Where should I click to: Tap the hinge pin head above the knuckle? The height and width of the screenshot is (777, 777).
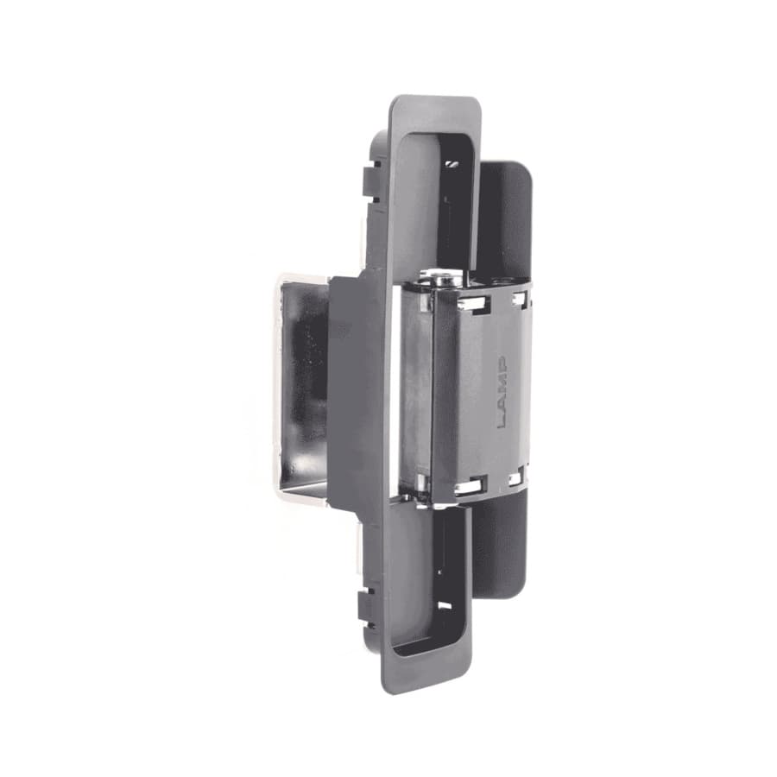click(441, 280)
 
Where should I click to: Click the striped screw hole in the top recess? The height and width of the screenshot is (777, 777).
click(452, 164)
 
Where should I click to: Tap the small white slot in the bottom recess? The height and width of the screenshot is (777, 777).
click(445, 606)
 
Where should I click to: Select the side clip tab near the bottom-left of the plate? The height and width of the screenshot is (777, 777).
click(368, 605)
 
